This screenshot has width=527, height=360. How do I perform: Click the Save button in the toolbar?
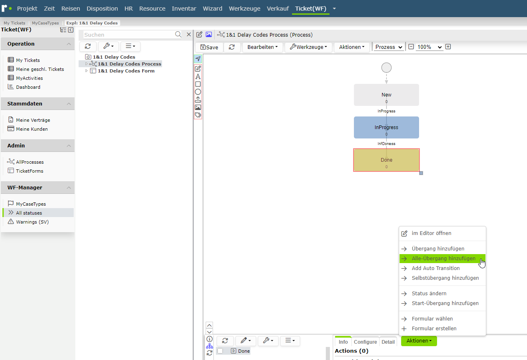tap(209, 47)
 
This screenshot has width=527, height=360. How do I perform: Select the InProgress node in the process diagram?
tap(386, 127)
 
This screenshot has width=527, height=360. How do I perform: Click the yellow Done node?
tap(386, 160)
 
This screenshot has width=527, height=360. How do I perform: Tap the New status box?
tap(386, 95)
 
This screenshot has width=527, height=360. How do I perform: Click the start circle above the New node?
tap(386, 68)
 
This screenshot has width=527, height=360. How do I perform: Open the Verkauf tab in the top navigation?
tap(278, 9)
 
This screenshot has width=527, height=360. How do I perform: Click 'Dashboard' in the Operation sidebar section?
tap(28, 87)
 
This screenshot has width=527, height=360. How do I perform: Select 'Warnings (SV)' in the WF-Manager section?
tap(32, 222)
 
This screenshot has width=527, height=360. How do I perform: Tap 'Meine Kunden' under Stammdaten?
tap(32, 129)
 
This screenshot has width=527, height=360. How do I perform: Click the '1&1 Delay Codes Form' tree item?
tap(126, 71)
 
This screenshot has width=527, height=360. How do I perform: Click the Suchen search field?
tap(129, 35)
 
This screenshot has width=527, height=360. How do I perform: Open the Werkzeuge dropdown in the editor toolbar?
tap(308, 47)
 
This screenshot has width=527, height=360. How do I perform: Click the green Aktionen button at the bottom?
tap(419, 341)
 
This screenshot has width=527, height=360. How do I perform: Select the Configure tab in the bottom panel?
tap(365, 342)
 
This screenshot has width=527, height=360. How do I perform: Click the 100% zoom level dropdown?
tap(429, 47)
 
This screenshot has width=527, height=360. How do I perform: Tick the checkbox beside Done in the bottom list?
tap(220, 351)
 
